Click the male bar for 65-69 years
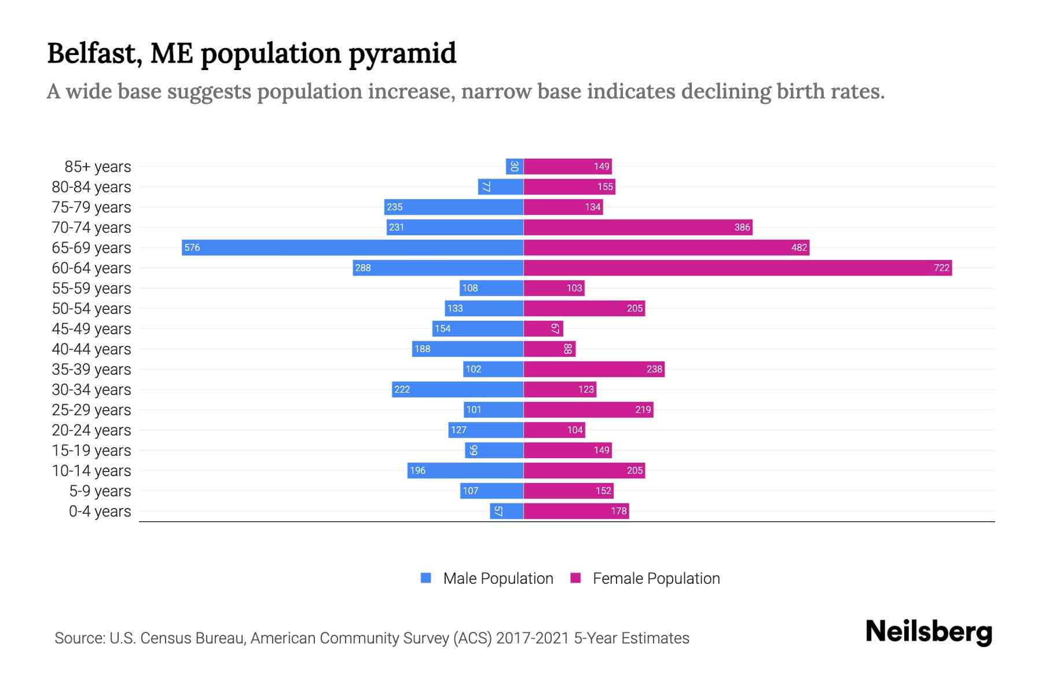coord(352,248)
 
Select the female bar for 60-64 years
coord(738,268)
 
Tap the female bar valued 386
coord(637,228)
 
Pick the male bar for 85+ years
coord(515,167)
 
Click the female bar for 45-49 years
coord(543,329)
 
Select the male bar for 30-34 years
coord(457,390)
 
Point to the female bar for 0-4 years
coord(576,511)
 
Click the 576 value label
coord(192,248)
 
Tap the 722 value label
coord(941,268)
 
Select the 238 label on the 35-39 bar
coord(654,370)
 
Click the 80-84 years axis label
coord(91,187)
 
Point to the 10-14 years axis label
coord(91,471)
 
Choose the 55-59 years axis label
coord(91,288)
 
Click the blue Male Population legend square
coord(426,578)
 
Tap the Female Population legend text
coord(656,579)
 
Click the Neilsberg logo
coord(929,632)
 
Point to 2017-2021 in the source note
coord(533,638)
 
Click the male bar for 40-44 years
coord(468,349)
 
